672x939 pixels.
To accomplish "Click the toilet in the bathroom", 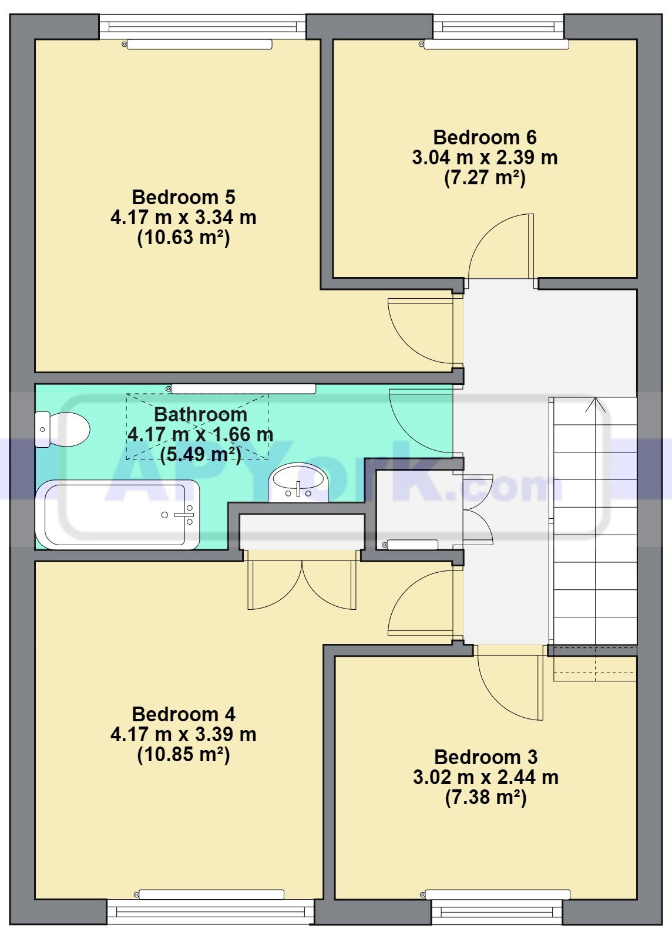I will (x=62, y=430).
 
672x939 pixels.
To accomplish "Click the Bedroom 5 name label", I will (x=183, y=197).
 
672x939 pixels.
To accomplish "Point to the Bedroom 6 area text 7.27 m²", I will (x=485, y=177).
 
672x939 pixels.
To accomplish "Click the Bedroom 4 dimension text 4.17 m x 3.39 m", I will (x=183, y=734).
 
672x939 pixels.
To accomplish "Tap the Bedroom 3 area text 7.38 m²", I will (x=486, y=797).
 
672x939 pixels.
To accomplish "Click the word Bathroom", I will (x=200, y=414).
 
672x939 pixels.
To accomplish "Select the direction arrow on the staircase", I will (x=595, y=405).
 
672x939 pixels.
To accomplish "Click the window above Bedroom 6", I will (x=498, y=26).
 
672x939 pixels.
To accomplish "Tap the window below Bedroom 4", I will (x=210, y=911).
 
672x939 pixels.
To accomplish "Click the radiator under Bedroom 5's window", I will (x=199, y=45).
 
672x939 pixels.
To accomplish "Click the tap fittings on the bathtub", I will (x=184, y=515).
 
